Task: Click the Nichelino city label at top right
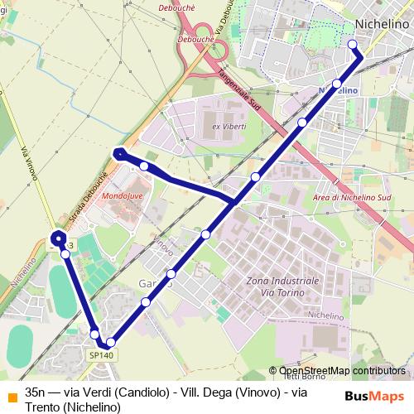(x=380, y=24)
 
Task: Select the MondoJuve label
(x=120, y=197)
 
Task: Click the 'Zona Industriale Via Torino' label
(x=283, y=286)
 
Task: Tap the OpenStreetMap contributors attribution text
(x=341, y=371)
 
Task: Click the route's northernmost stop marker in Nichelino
(x=353, y=44)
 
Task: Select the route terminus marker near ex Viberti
(x=120, y=153)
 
